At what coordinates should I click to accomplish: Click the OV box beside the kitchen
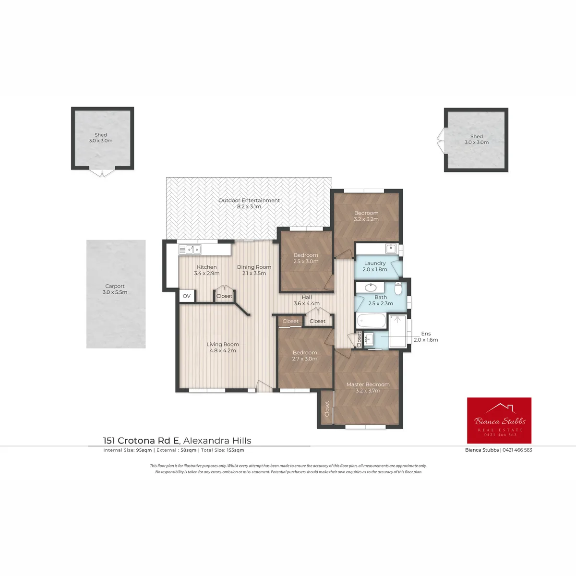tap(187, 296)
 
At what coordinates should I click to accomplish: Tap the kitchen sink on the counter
tap(190, 249)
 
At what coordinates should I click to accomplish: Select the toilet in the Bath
tap(398, 288)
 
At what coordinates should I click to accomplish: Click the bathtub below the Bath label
tap(371, 321)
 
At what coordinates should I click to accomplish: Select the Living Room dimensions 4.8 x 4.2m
tap(223, 350)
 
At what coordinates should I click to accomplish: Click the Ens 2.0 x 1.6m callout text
tap(426, 336)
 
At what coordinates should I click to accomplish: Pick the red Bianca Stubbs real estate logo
tap(499, 420)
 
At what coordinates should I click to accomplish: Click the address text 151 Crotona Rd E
tap(141, 441)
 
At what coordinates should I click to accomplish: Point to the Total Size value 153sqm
tap(236, 450)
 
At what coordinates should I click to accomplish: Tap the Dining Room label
tap(254, 267)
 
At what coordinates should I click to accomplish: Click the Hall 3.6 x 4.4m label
tap(307, 300)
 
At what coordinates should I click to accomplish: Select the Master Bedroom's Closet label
tap(327, 408)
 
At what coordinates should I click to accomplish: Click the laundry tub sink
tap(391, 248)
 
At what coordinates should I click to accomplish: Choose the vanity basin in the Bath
tap(371, 288)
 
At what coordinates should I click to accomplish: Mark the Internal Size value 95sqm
tap(144, 450)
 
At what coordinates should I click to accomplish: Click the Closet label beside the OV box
tap(224, 296)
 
